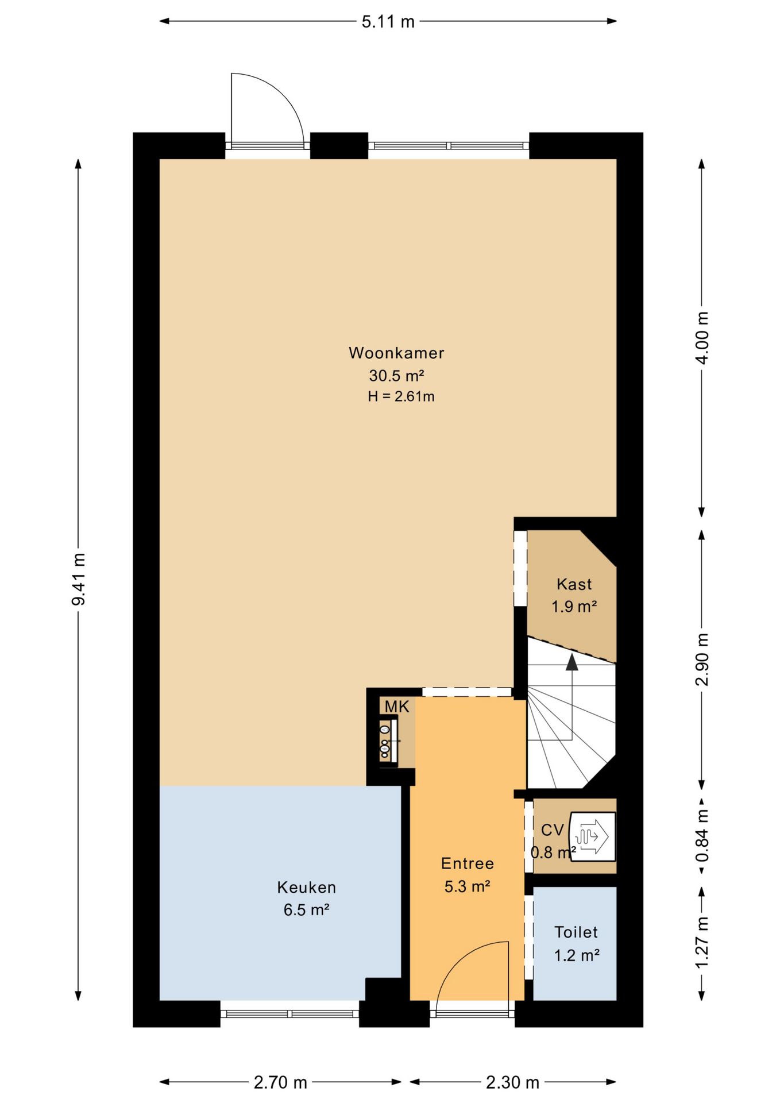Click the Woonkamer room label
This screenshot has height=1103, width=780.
(396, 353)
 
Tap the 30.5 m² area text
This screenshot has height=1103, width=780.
(396, 376)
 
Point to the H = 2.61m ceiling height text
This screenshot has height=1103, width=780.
(401, 396)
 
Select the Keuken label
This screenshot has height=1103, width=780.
(306, 888)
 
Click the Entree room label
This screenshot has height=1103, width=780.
(468, 863)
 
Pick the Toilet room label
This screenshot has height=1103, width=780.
(576, 932)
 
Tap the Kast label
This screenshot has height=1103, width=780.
(574, 584)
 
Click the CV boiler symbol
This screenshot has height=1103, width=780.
(592, 836)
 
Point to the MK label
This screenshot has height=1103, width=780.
(397, 707)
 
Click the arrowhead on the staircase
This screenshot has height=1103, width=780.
(572, 662)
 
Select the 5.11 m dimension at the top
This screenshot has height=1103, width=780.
(388, 22)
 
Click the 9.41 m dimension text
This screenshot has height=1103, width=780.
(78, 579)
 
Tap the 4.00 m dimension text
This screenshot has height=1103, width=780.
(702, 338)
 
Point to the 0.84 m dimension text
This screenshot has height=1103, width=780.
(702, 836)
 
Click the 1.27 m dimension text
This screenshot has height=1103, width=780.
(702, 942)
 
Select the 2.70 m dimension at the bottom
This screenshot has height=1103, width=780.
(280, 1083)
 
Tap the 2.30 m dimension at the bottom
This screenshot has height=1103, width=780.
(512, 1083)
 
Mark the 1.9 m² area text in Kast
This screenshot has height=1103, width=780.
(574, 607)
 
